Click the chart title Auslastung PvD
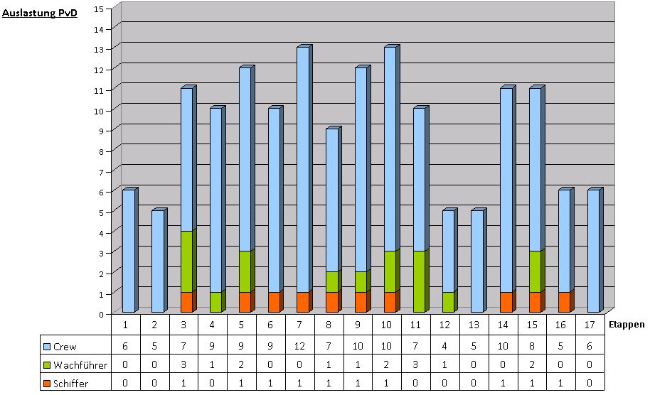[x=40, y=12]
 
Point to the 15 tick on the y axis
[x=99, y=8]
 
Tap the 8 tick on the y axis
[x=100, y=151]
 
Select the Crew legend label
[x=65, y=347]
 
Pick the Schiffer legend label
[x=70, y=384]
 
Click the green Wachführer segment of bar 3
[x=186, y=261]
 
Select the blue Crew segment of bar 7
[x=303, y=169]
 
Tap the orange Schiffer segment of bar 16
[x=564, y=303]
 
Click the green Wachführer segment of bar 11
[x=419, y=281]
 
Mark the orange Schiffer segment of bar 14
[x=506, y=303]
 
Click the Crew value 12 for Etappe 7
[x=301, y=347]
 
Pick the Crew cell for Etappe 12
[x=447, y=347]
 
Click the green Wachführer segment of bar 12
[x=448, y=303]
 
